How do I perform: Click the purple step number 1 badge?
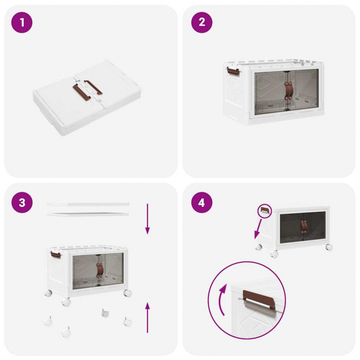pyautogui.click(x=22, y=22)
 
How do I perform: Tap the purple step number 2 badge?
pyautogui.click(x=201, y=22)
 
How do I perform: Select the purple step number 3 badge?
pyautogui.click(x=22, y=202)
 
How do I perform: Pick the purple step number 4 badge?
pyautogui.click(x=201, y=202)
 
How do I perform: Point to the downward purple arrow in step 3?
pyautogui.click(x=147, y=219)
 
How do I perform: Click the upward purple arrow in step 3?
pyautogui.click(x=147, y=318)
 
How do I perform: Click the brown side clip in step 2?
pyautogui.click(x=232, y=71)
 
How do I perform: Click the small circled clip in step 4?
pyautogui.click(x=264, y=210)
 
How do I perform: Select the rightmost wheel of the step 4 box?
pyautogui.click(x=329, y=247)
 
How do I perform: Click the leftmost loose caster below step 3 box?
pyautogui.click(x=48, y=322)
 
